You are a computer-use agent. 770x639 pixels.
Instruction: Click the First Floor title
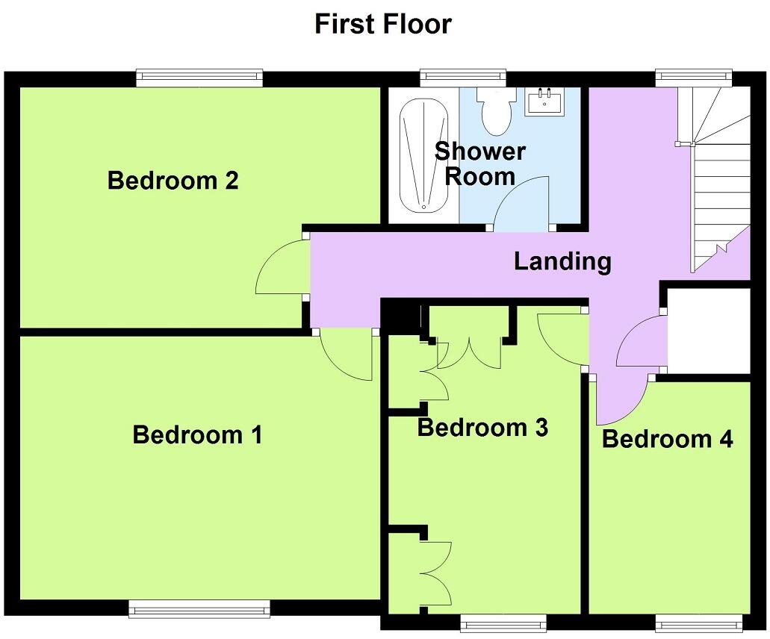pos(382,24)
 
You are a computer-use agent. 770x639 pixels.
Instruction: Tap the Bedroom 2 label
pos(173,181)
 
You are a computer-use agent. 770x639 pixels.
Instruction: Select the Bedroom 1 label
pos(197,434)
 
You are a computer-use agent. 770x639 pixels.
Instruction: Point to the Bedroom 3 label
pos(482,428)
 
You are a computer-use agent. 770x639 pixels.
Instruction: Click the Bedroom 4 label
pos(667,439)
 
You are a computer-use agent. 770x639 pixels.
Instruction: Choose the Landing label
pos(562,261)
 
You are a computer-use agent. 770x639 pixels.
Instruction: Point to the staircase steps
pos(721,187)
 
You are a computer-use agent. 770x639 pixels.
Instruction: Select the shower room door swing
pos(526,202)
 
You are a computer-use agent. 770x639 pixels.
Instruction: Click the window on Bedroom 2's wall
pos(199,77)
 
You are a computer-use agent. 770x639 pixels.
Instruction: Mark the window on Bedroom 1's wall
pos(199,610)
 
